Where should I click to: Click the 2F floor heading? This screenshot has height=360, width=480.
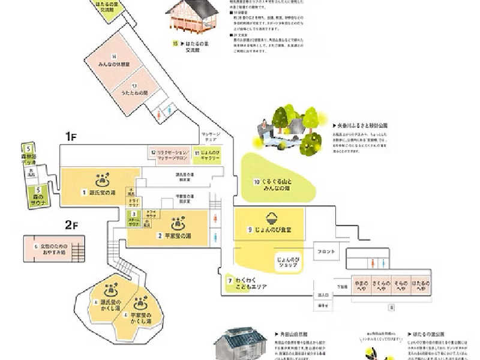[71, 226]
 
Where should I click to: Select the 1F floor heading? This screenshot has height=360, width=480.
[71, 136]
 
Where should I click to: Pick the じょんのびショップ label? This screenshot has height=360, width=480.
[287, 262]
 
